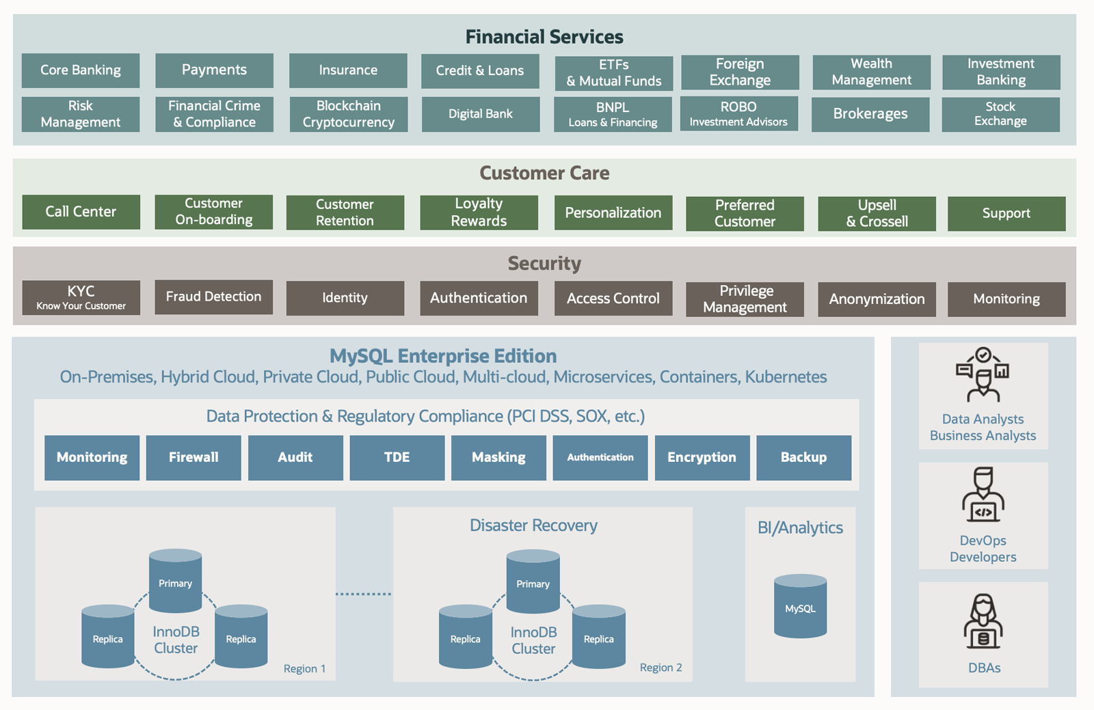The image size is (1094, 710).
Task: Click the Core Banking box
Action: [81, 70]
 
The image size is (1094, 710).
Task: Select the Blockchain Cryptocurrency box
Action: [348, 114]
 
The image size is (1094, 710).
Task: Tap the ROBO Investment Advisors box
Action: [738, 114]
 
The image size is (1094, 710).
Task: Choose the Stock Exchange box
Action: [1000, 114]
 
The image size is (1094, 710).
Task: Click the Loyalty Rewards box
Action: [479, 213]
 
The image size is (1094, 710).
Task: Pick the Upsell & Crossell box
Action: [877, 213]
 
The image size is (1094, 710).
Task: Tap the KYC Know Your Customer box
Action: [81, 298]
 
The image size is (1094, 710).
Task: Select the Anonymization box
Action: [877, 299]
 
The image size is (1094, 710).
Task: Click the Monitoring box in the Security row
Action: [1006, 299]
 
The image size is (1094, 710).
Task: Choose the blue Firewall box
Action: [194, 457]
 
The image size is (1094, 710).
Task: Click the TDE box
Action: [397, 457]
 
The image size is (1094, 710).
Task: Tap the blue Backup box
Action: [803, 457]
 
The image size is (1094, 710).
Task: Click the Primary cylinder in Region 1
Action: [175, 581]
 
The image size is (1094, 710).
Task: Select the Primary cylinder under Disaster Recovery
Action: [533, 582]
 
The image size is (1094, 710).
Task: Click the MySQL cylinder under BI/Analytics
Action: [800, 607]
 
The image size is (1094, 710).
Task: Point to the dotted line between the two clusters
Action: [364, 594]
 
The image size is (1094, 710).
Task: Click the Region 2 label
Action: [661, 668]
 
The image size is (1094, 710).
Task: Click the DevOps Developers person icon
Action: [983, 495]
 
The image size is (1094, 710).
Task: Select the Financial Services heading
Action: [544, 37]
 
